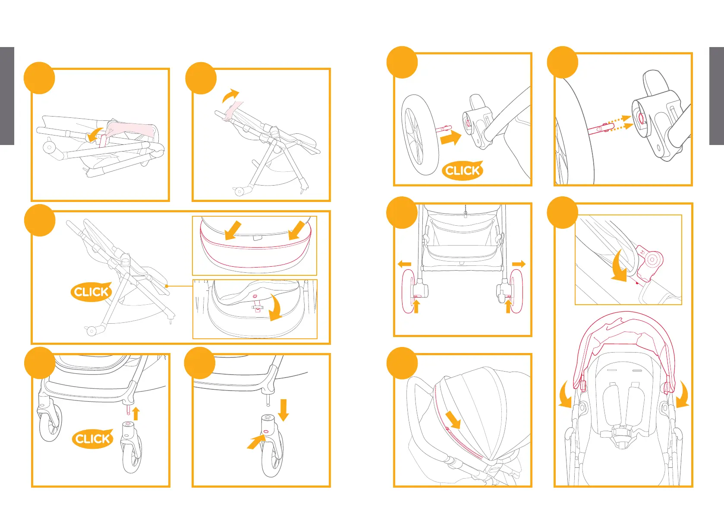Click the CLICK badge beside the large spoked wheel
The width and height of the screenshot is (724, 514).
click(462, 170)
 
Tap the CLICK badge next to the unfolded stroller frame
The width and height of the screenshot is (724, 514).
click(91, 292)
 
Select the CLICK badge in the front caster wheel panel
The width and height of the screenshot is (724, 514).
click(92, 439)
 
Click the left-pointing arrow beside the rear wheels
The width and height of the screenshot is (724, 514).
click(404, 264)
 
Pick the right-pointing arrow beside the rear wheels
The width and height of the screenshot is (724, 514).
click(519, 264)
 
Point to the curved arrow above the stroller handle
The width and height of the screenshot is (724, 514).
click(230, 95)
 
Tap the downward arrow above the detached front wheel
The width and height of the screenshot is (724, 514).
click(283, 410)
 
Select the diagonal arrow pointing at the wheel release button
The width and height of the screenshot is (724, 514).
click(256, 442)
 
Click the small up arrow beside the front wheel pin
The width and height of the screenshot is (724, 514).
click(136, 413)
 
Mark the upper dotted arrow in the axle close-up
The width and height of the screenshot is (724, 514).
click(622, 119)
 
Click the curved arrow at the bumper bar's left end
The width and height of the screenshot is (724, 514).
click(565, 395)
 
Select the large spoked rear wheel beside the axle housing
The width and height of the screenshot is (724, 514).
click(420, 135)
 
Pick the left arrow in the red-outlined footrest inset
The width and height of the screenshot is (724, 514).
click(233, 230)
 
